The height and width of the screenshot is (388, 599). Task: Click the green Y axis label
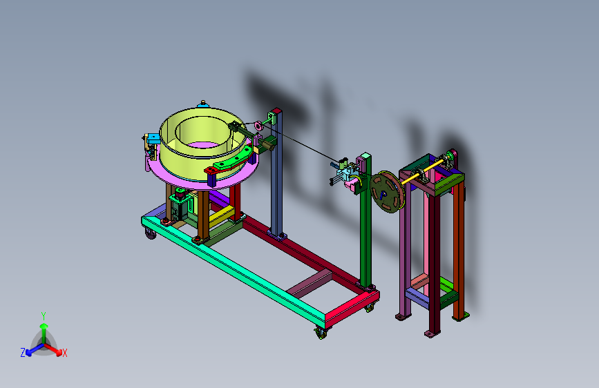44,316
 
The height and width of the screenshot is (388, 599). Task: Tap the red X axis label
64,353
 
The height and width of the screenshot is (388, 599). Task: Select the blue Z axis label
23,353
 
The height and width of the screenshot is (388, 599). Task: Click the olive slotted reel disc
387,192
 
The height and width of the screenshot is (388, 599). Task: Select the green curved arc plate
233,160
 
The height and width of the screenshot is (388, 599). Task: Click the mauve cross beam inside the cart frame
310,283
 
